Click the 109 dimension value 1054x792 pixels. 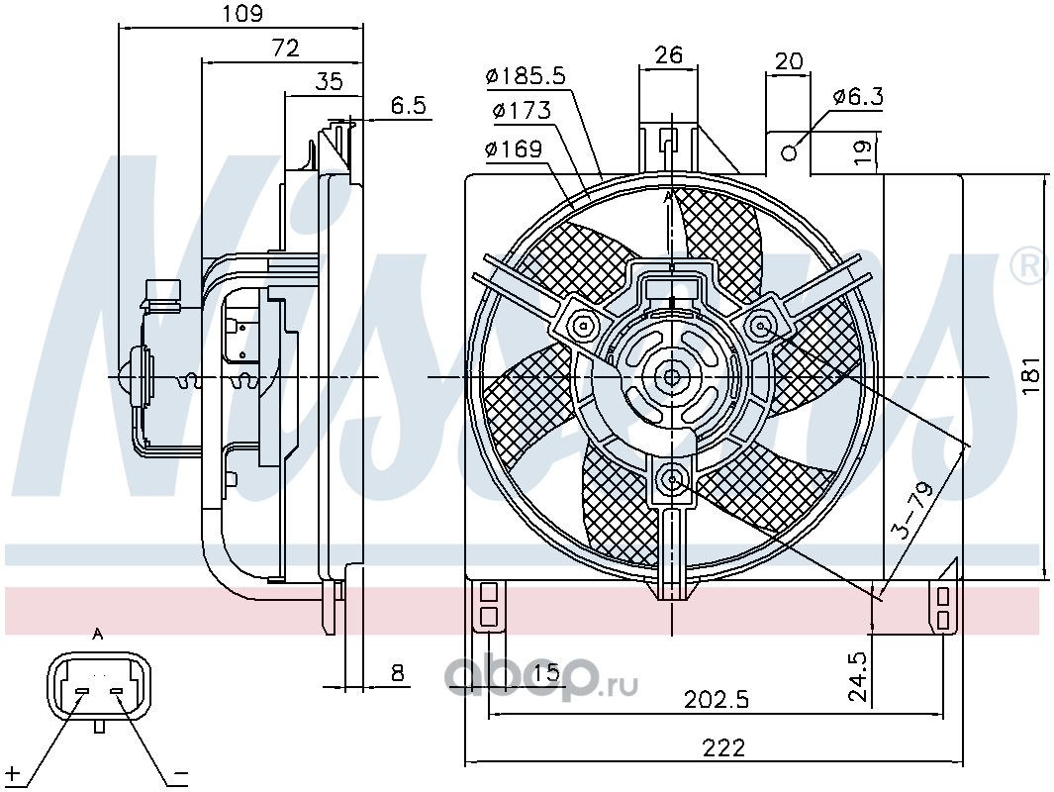tap(242, 14)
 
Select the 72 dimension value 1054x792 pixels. tap(285, 49)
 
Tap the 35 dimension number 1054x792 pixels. tap(330, 81)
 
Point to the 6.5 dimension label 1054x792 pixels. tap(408, 106)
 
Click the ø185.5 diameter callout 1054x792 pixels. tap(526, 76)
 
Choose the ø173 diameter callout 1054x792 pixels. tap(522, 110)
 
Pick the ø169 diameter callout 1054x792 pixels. tap(514, 148)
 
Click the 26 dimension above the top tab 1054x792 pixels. tap(668, 54)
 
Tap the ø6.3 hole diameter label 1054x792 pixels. tap(858, 97)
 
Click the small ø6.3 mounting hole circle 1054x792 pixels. tap(790, 153)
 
